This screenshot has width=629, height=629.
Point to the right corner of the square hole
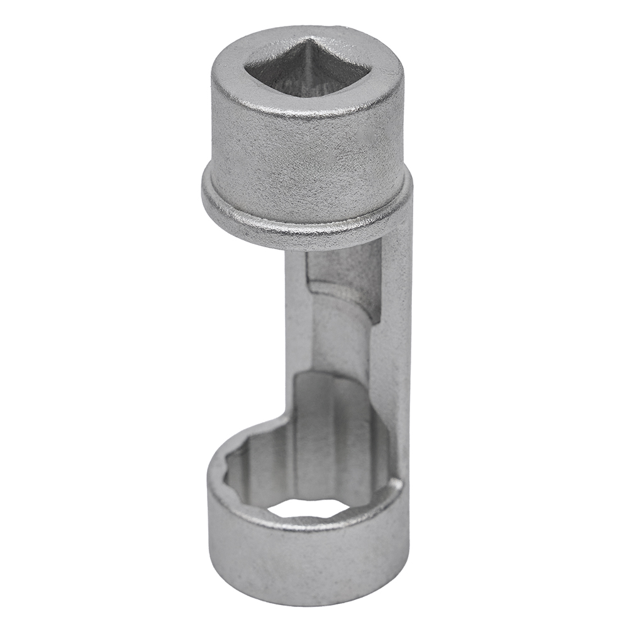click(x=365, y=69)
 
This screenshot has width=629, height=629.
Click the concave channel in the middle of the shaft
click(x=340, y=340)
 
